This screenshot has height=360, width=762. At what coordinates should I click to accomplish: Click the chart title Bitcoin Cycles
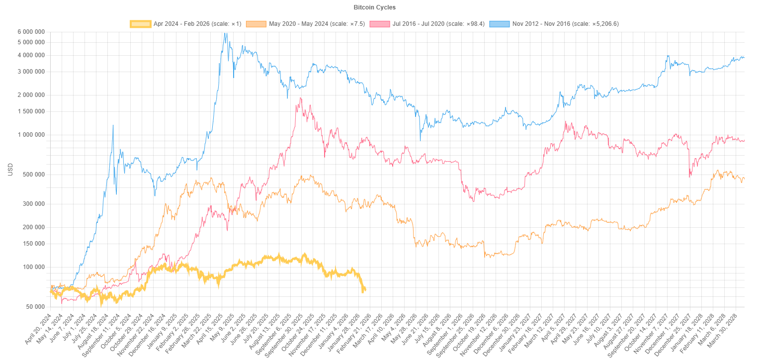coord(374,8)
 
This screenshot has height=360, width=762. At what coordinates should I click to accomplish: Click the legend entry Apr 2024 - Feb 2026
coord(197,24)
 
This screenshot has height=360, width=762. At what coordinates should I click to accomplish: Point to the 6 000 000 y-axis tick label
coord(31,32)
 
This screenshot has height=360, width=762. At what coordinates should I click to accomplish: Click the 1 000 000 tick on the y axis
coord(31,135)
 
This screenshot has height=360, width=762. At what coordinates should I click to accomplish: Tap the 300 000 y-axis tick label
coord(32,204)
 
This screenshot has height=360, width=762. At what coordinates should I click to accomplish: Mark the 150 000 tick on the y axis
coord(32,244)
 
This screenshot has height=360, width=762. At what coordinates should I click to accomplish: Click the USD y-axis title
coord(10,169)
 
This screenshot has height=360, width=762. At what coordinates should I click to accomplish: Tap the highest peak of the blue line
coord(226,33)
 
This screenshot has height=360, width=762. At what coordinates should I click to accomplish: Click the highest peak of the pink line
coord(301,98)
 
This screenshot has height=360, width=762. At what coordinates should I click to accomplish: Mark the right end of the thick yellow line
coord(365,289)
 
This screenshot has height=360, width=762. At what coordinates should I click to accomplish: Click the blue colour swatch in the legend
coord(500,24)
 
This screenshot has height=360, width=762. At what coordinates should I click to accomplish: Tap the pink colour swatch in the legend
coord(380,24)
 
